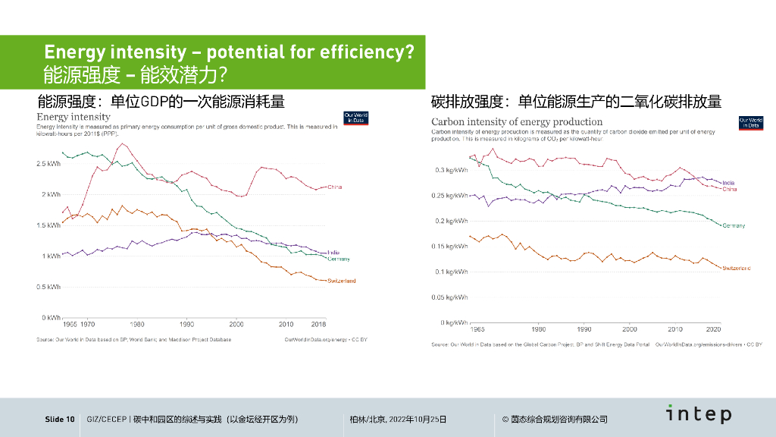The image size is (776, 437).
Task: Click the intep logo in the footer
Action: coord(699,414)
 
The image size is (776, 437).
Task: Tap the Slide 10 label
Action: coord(60,420)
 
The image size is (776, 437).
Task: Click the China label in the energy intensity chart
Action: coord(335,187)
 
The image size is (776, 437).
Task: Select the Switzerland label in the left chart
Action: coord(341,281)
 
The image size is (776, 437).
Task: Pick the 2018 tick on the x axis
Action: coord(318,324)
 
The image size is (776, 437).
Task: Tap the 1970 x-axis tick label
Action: coord(87,324)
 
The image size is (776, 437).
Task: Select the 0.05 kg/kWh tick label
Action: coord(449,297)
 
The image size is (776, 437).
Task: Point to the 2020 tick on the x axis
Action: coord(713,330)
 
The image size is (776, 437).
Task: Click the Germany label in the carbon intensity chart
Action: coord(734,225)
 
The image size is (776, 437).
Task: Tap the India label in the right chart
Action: coord(728,183)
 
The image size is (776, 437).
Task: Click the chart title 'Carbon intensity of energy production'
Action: coord(517,121)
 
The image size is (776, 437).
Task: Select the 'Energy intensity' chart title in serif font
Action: coord(74,117)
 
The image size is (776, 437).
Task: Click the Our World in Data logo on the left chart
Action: coord(355,118)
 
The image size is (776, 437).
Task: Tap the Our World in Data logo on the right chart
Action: coord(750,122)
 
